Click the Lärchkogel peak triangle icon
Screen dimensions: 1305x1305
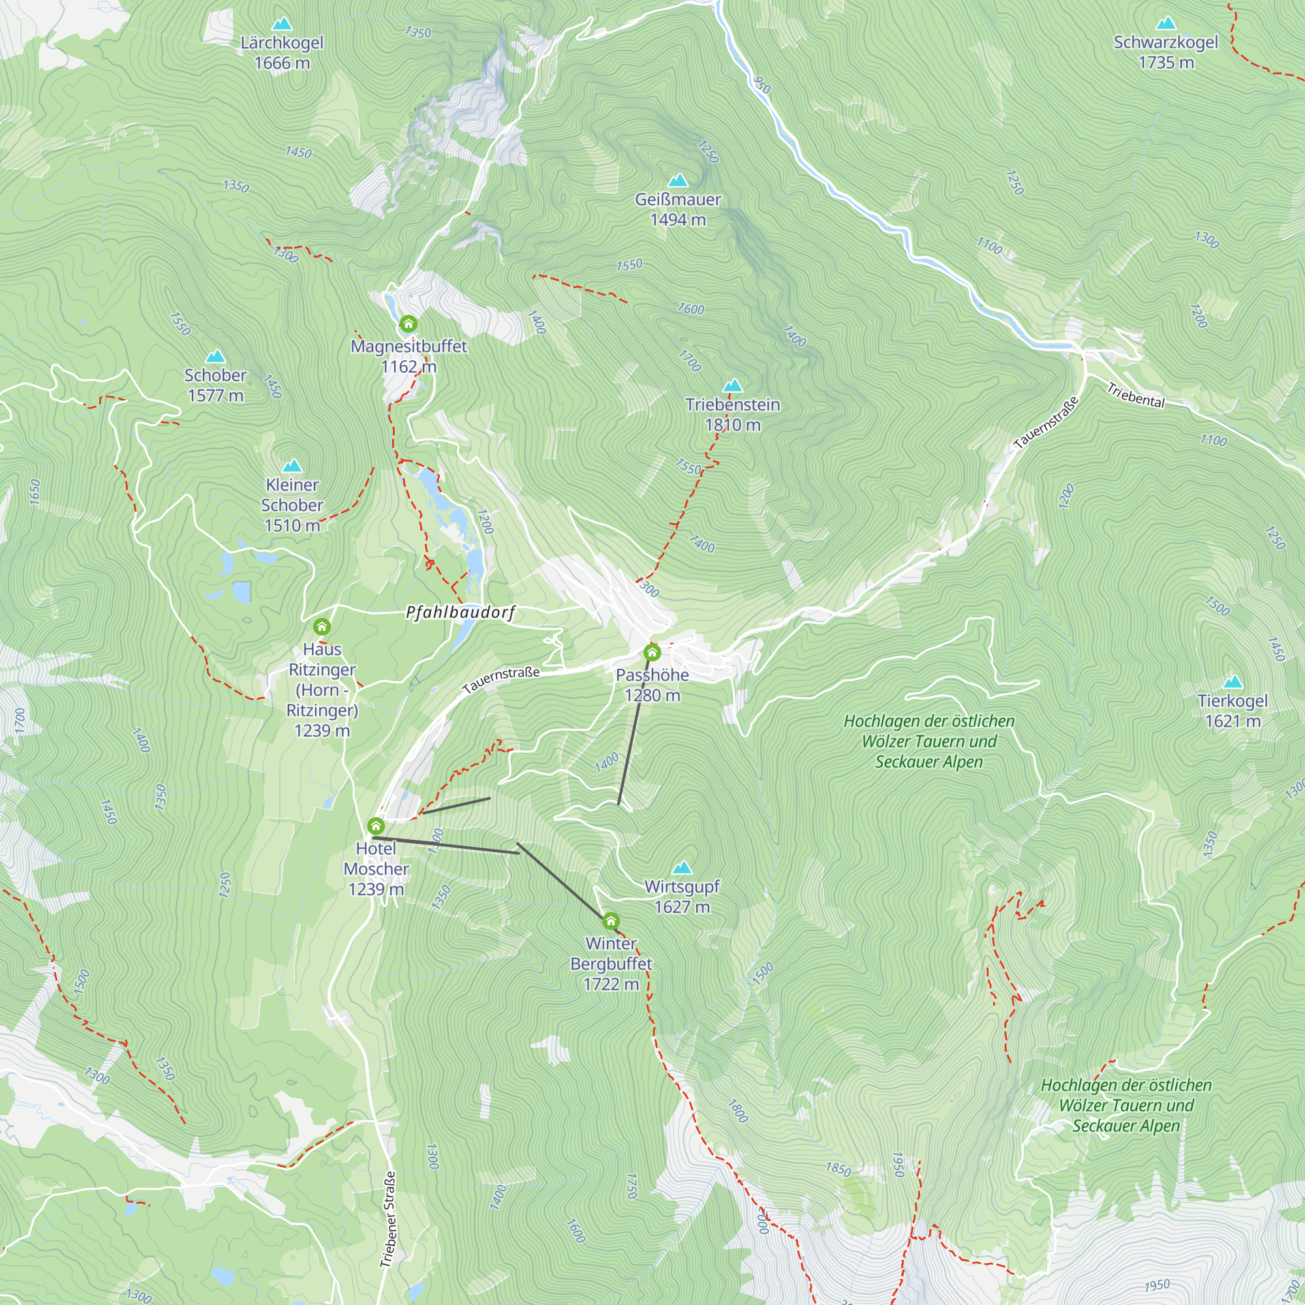coord(282,24)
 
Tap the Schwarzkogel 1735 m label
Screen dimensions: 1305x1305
coord(1165,52)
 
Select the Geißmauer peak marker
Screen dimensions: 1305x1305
coord(677,180)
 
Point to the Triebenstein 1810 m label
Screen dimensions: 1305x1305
coord(732,414)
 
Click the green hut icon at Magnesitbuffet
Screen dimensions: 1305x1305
coord(408,324)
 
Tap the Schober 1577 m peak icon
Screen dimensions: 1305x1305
coord(215,356)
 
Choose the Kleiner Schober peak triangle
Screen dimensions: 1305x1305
coord(292,466)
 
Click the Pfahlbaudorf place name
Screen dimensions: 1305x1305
coord(461,612)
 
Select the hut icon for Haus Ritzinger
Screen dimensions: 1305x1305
coord(322,627)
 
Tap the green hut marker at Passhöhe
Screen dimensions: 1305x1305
coord(652,652)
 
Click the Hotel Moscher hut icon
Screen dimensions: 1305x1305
coord(376,826)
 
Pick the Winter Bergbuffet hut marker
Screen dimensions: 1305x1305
coord(611,921)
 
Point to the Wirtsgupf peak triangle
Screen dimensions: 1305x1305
coord(683,867)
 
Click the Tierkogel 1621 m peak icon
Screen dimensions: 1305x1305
coord(1233,682)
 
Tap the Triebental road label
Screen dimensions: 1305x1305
coord(1135,396)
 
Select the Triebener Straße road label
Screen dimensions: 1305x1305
coord(388,1220)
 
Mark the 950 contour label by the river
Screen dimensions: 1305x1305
coord(761,84)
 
